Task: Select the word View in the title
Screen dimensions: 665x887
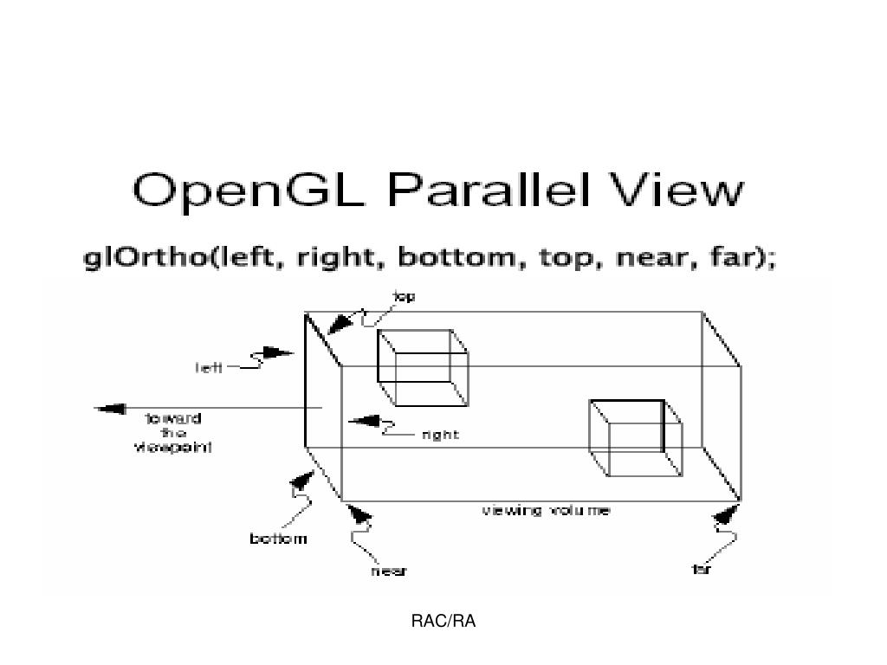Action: click(679, 190)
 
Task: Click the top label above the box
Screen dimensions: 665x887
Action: click(404, 297)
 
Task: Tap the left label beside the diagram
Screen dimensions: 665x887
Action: click(208, 367)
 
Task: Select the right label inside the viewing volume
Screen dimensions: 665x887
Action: click(440, 435)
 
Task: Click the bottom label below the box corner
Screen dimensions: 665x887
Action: click(278, 539)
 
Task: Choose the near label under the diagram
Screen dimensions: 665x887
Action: click(389, 571)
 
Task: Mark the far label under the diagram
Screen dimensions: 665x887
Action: click(702, 570)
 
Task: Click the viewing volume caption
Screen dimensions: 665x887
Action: click(546, 511)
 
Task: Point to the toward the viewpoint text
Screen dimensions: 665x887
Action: click(173, 433)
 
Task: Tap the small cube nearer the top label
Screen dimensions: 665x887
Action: click(422, 367)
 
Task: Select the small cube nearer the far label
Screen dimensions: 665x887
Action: click(635, 437)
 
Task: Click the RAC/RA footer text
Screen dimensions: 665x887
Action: click(443, 621)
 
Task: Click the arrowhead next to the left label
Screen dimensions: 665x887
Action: click(277, 353)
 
